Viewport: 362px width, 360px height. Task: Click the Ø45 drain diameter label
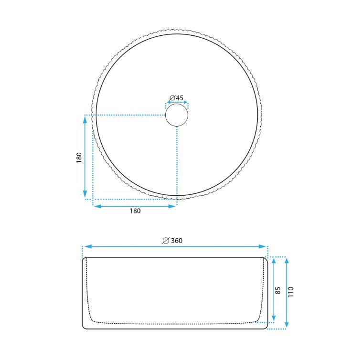coord(176,98)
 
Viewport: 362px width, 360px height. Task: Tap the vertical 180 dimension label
coord(79,158)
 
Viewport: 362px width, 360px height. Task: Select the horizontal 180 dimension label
coord(135,211)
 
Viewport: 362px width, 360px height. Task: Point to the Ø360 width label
coord(172,241)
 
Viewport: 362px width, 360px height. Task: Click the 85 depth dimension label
coord(278,290)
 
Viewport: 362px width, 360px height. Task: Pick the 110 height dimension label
coord(291,292)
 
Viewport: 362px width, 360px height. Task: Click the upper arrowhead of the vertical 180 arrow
coord(85,119)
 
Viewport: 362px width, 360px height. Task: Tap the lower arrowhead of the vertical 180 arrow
coord(85,194)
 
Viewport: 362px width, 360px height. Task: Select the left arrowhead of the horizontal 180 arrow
coord(97,206)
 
